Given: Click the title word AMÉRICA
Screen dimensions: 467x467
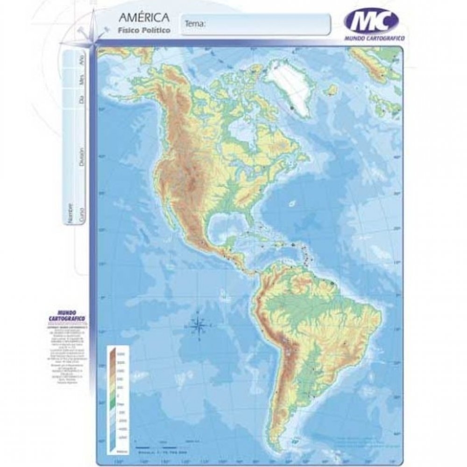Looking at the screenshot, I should (143, 19).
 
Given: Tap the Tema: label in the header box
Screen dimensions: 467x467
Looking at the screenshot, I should (196, 23).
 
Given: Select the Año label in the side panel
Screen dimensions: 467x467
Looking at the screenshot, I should (82, 60).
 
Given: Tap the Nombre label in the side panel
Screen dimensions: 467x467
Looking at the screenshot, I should (71, 213).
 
